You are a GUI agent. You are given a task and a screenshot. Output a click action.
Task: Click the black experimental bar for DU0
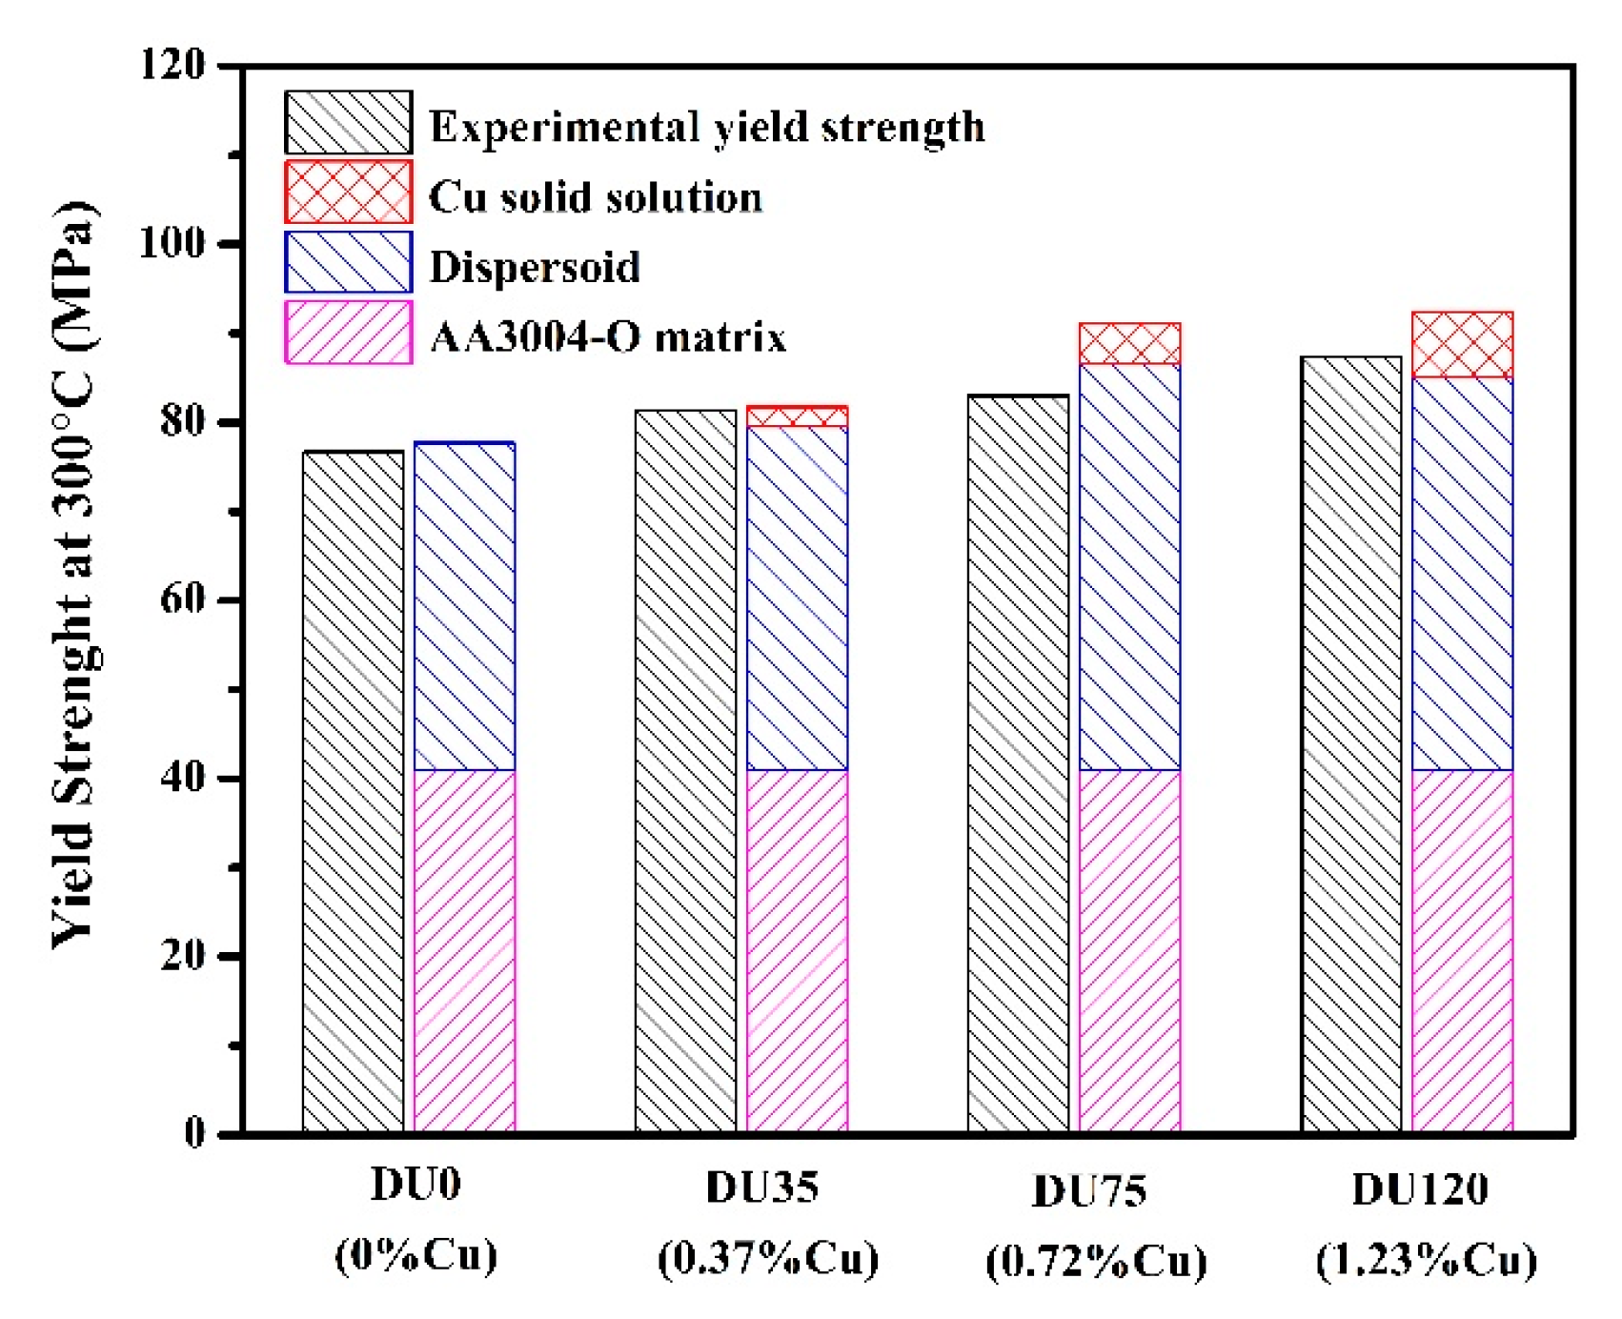pos(353,791)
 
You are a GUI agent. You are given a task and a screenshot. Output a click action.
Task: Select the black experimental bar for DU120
pos(1351,743)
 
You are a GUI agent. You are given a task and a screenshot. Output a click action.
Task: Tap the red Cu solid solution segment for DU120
pos(1462,344)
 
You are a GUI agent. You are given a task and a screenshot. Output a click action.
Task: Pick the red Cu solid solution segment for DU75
pos(1129,344)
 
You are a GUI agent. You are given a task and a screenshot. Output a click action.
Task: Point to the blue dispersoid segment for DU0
pos(465,606)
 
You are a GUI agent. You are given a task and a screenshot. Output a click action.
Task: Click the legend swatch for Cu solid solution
pos(348,192)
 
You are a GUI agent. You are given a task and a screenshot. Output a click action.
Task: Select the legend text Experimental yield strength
pos(706,127)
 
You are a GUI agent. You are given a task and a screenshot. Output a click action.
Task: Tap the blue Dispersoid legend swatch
pos(348,262)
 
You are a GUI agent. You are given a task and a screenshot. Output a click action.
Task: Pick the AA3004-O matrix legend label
pos(607,336)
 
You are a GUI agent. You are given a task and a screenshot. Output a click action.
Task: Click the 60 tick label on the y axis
pos(182,599)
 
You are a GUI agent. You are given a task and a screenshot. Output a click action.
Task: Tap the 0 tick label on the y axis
pos(194,1133)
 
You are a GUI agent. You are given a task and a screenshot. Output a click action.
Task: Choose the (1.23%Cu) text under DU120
pos(1426,1260)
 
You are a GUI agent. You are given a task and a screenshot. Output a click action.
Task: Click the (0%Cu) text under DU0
pos(416,1255)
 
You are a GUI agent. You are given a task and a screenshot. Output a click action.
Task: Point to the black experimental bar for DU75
pos(1018,762)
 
